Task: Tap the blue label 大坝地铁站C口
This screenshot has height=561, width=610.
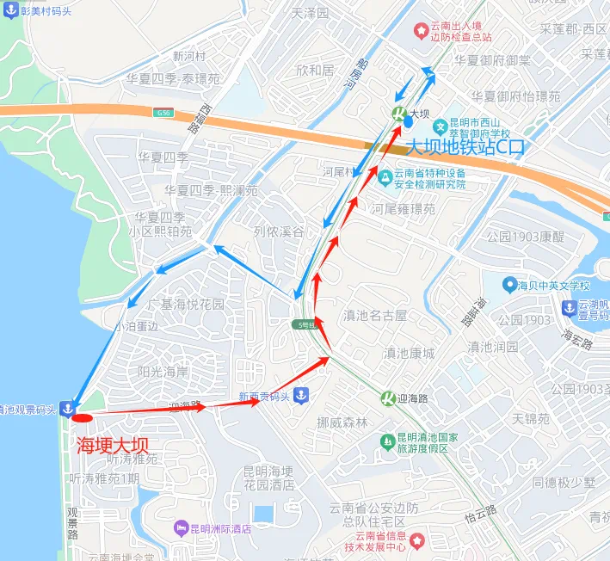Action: click(x=465, y=148)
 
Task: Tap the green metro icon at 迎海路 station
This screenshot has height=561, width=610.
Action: click(x=388, y=398)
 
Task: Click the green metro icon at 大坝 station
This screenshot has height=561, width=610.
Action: click(x=399, y=114)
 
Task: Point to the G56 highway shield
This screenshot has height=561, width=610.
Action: click(x=163, y=112)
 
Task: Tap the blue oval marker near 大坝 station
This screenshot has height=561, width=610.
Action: click(x=409, y=121)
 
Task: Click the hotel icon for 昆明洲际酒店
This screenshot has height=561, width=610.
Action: click(x=180, y=527)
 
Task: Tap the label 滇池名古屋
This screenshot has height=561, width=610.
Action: click(x=375, y=316)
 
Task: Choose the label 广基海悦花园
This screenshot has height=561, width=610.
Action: click(x=185, y=305)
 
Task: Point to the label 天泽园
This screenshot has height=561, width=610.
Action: click(x=311, y=14)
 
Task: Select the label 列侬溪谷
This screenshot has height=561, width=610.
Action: click(x=279, y=232)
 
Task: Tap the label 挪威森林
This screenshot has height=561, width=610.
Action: click(x=342, y=422)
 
